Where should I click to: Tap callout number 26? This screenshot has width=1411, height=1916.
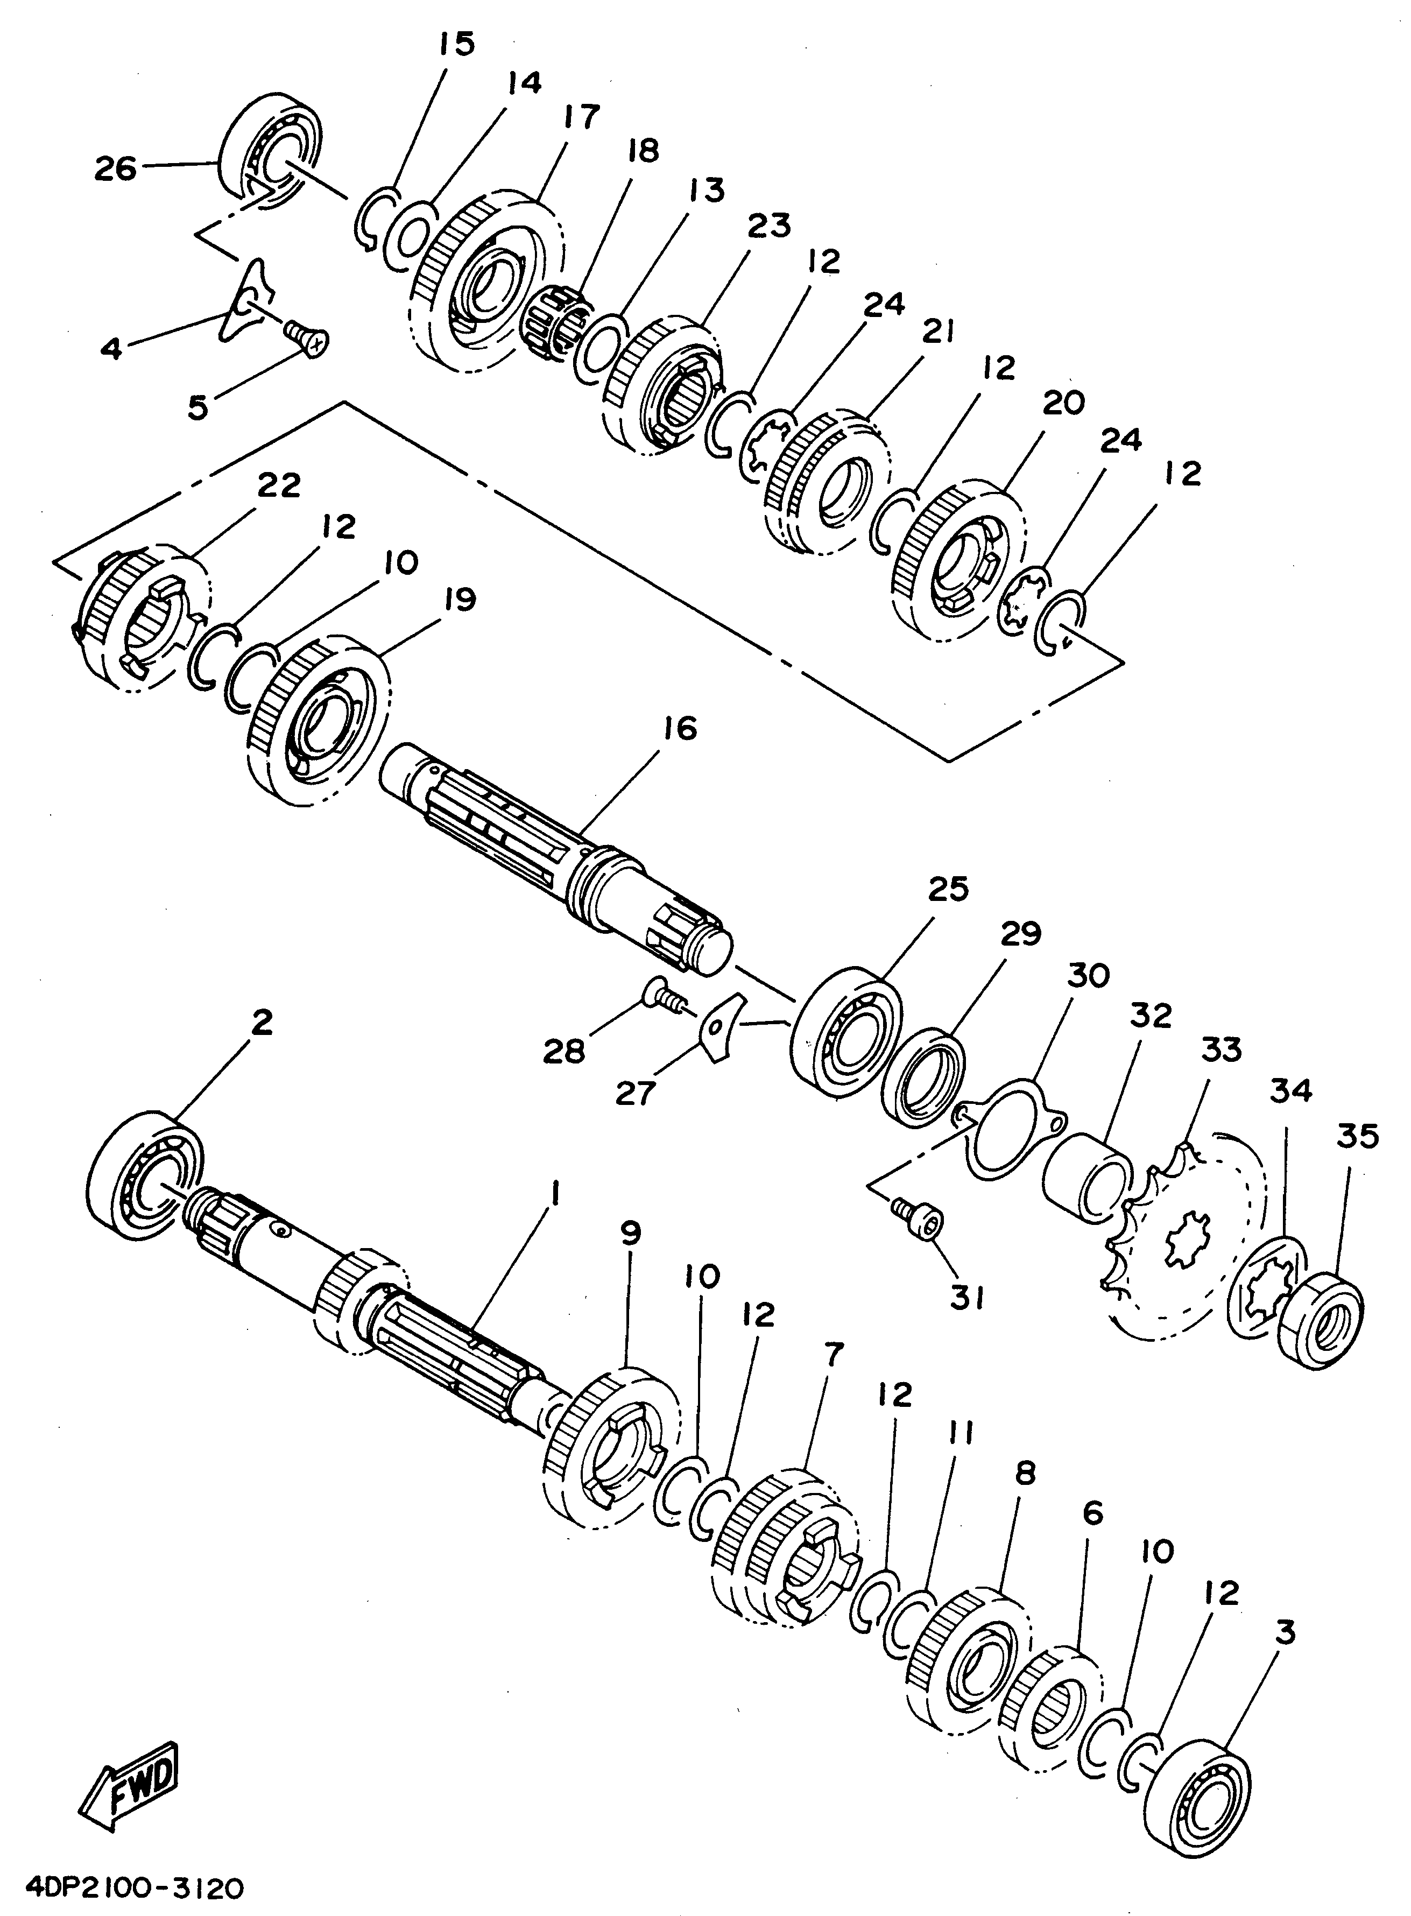(115, 169)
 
